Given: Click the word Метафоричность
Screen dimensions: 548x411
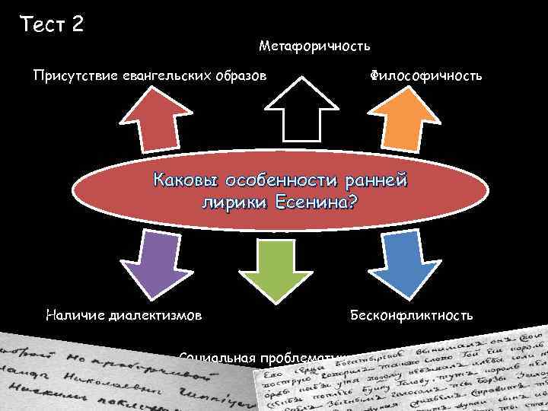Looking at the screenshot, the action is (314, 46).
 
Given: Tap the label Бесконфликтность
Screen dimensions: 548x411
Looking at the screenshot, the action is (411, 314).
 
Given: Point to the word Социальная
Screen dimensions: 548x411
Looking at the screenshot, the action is (215, 355).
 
